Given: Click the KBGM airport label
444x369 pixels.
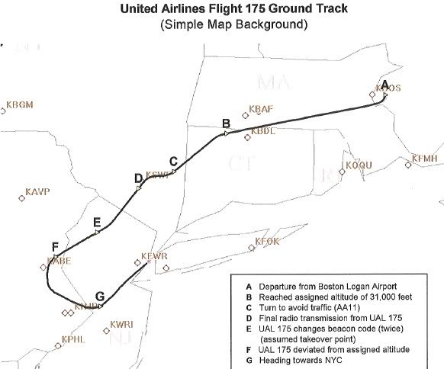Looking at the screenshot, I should point(20,104).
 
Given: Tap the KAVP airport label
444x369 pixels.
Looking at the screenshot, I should point(37,192).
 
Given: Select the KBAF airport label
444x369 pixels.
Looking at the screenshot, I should point(261,110).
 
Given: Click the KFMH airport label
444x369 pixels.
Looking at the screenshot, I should point(425,159).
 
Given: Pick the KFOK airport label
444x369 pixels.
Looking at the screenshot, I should point(269,242).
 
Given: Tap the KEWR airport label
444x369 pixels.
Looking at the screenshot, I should point(154,256).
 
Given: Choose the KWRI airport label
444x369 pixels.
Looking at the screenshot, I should point(121,324).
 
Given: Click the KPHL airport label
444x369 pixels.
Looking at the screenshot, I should point(74,339).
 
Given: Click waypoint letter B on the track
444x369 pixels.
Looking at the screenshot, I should point(226,124).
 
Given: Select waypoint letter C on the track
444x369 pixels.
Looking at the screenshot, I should point(173,161).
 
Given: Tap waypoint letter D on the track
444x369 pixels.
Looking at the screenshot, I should point(138,178).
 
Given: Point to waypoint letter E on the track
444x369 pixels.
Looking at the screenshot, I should point(96,222).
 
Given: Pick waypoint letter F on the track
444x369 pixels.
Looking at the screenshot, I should point(54,246).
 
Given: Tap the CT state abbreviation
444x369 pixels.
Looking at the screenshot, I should point(242,162).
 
